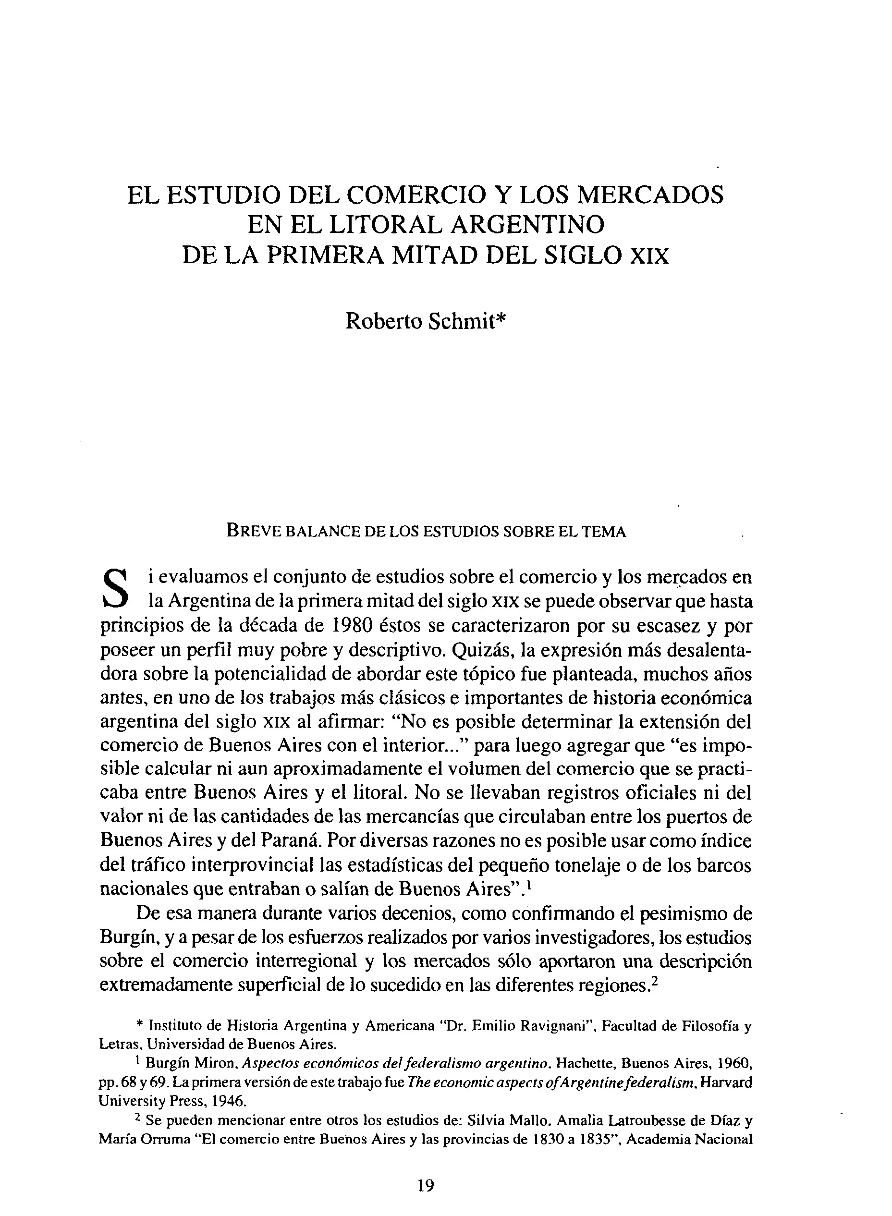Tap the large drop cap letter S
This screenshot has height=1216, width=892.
(114, 587)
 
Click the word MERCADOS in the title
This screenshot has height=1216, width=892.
(651, 195)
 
